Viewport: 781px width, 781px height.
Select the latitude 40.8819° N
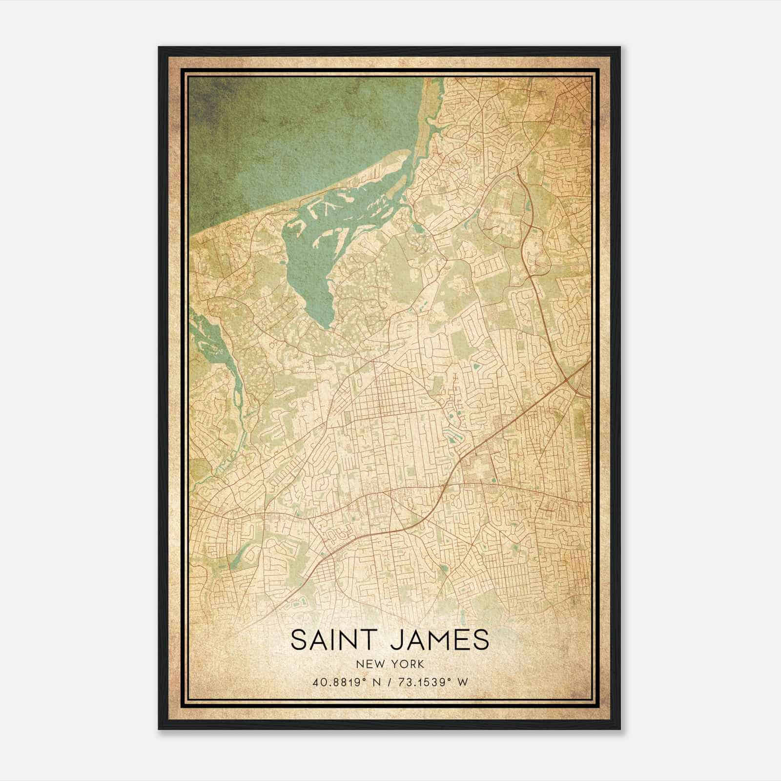point(345,682)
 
